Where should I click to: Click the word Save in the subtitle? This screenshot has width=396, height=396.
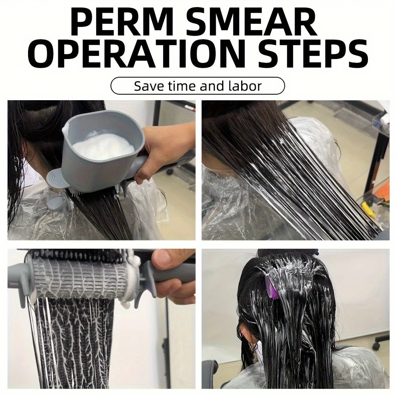149,86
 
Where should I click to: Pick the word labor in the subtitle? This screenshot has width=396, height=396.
245,86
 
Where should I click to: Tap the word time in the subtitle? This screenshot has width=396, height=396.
183,86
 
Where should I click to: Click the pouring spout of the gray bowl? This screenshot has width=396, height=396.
66,128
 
